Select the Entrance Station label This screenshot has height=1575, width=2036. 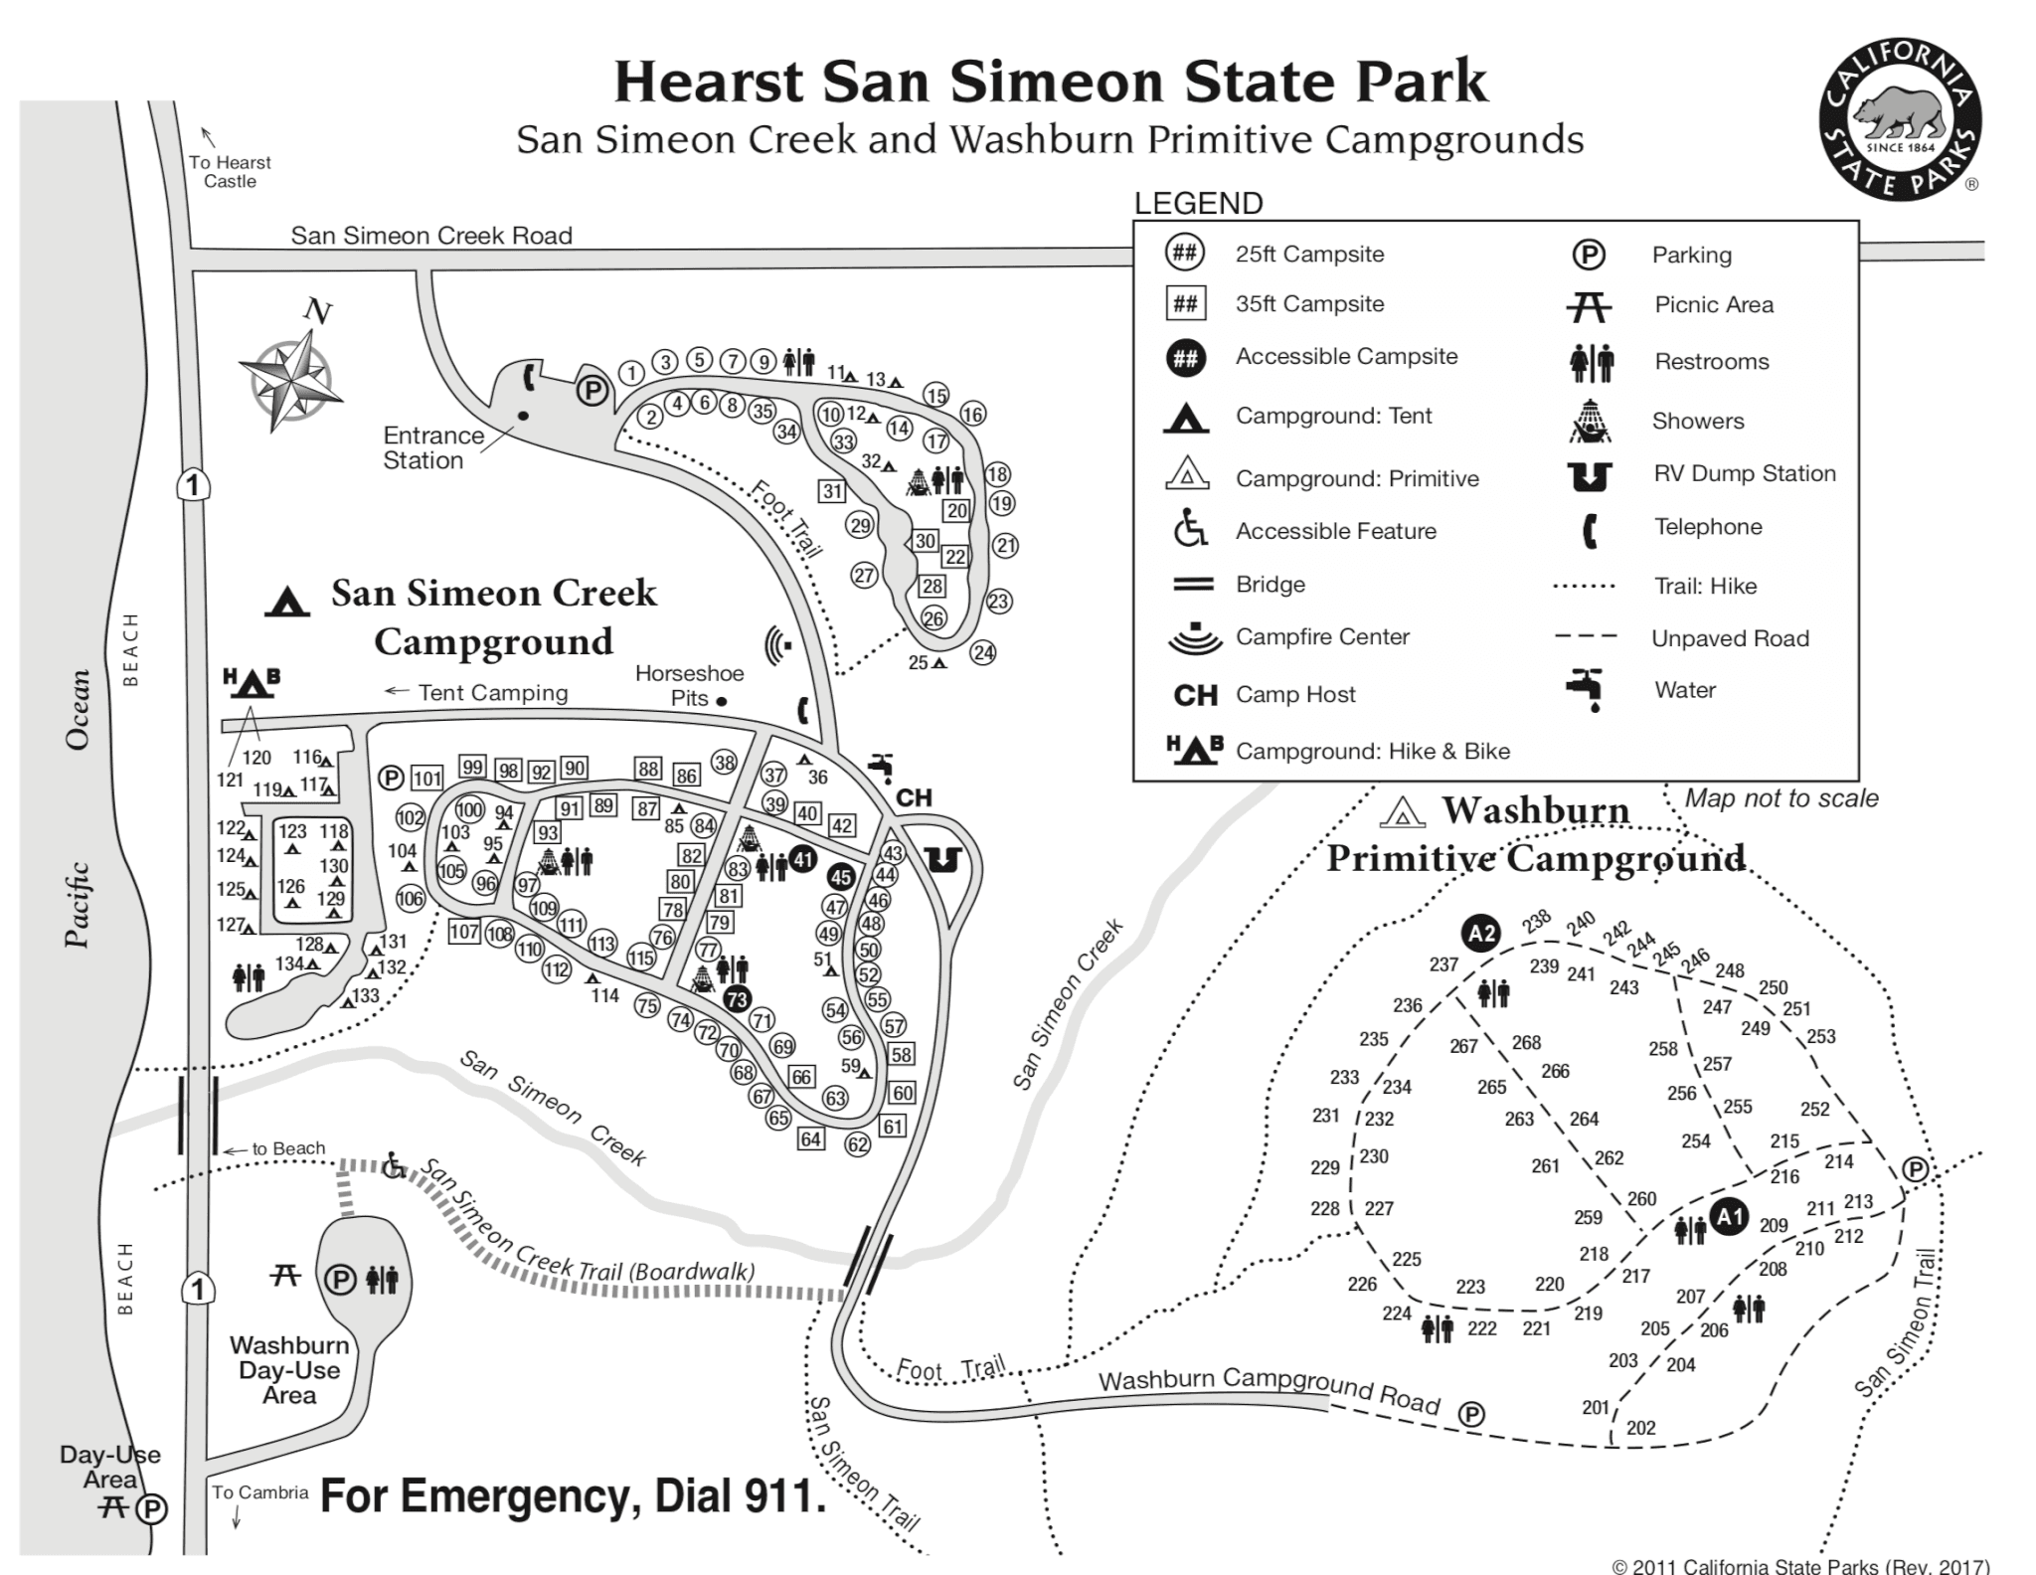(x=432, y=447)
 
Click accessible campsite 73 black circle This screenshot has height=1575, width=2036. (x=737, y=999)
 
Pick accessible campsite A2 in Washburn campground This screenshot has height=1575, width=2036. (x=1481, y=933)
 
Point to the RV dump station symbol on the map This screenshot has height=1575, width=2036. (x=942, y=859)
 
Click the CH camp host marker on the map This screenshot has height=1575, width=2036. (x=914, y=797)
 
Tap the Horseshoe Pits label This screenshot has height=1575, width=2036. (x=688, y=685)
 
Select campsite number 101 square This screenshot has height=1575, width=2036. (x=427, y=779)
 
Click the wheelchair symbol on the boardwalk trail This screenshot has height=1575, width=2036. (x=394, y=1165)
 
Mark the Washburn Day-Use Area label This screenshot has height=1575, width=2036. (x=289, y=1370)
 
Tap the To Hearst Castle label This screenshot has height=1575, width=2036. (x=230, y=171)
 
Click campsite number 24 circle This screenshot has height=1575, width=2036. (x=983, y=652)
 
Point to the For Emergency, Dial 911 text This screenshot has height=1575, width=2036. (x=573, y=1495)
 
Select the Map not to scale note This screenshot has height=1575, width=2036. (x=1781, y=797)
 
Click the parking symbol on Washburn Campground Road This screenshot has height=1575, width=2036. (x=1472, y=1414)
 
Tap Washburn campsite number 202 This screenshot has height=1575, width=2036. (x=1640, y=1428)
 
